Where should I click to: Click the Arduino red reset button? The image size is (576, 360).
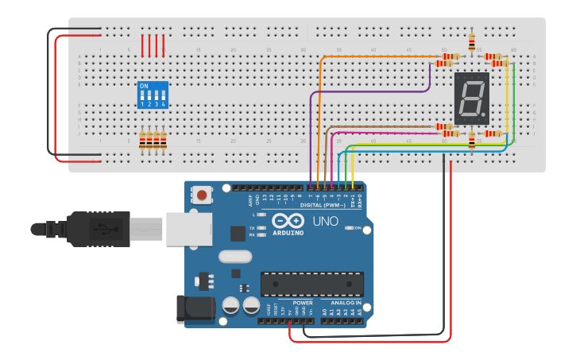(x=203, y=195)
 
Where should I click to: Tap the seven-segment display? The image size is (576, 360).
(x=471, y=99)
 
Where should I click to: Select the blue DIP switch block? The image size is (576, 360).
(x=153, y=94)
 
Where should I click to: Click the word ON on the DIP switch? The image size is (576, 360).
(x=144, y=86)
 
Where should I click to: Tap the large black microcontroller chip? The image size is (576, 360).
(x=312, y=284)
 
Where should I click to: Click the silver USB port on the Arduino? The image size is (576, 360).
(x=188, y=227)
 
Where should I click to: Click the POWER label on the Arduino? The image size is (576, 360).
(x=303, y=303)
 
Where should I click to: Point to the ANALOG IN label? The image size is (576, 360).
(x=346, y=303)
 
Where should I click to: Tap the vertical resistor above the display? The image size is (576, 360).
(x=473, y=41)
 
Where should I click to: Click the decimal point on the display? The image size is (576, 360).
(x=484, y=117)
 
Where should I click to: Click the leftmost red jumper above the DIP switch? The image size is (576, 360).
(x=143, y=45)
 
